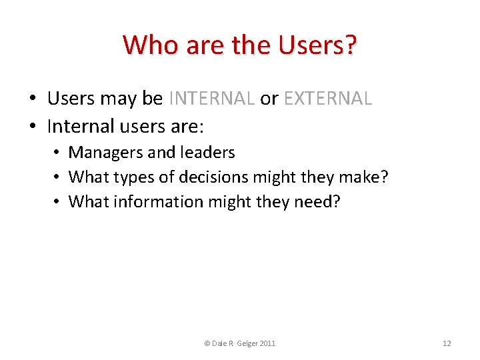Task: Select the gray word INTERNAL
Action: coord(212,99)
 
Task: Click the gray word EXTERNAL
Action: coord(327,99)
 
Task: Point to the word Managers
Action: coord(106,153)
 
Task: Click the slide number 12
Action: coord(447,343)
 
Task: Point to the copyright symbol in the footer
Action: coord(207,343)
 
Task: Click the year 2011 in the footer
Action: coord(267,343)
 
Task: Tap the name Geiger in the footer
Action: coord(245,343)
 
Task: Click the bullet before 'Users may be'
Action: coord(32,99)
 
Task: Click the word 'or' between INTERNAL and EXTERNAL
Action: coord(269,99)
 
